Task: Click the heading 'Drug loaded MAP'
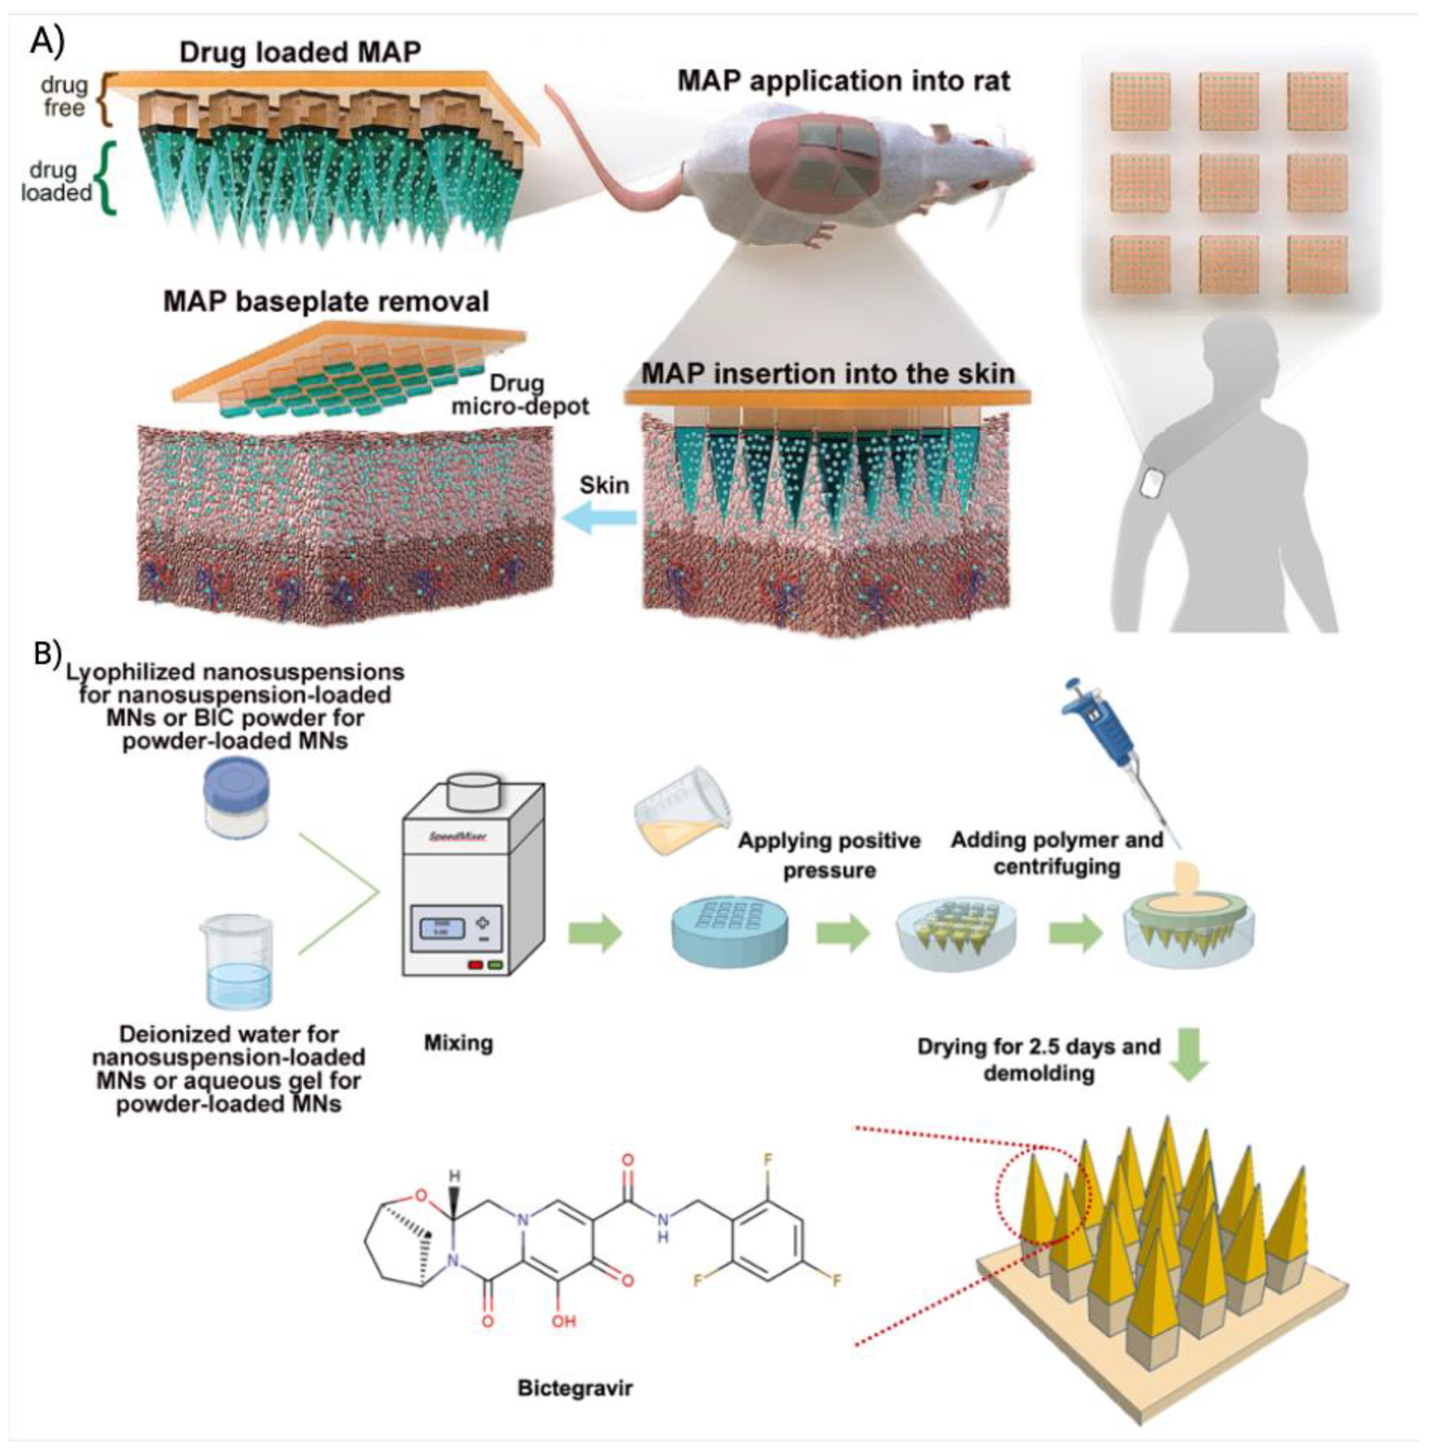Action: click(x=300, y=52)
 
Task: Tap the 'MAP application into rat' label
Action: click(x=844, y=81)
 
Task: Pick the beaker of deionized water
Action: click(x=236, y=962)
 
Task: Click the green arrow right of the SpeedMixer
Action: click(x=596, y=934)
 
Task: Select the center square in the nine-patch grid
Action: click(x=1230, y=183)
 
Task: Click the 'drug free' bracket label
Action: click(x=65, y=95)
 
